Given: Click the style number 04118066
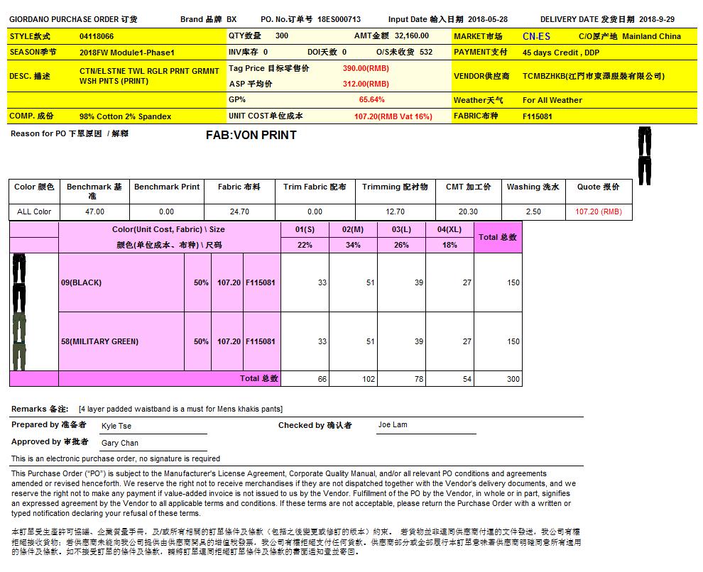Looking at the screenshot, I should [x=97, y=36].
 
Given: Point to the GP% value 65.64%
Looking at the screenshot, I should [x=372, y=100].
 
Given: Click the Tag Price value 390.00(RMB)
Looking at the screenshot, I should [x=366, y=68].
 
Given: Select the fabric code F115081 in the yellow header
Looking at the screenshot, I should [x=538, y=116].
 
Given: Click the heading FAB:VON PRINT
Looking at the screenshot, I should [x=251, y=135].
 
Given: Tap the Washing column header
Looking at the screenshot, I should [x=533, y=187].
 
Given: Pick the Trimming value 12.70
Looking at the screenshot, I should [x=395, y=211].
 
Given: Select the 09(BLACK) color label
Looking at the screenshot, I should [x=81, y=282].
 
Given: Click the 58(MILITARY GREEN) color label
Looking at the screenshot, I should [x=99, y=341].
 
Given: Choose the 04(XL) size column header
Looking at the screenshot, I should [x=449, y=229].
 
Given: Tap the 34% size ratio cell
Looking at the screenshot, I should [x=353, y=245].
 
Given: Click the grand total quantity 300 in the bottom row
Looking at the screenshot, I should [x=513, y=379].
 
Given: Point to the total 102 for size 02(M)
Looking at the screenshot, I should [x=368, y=379].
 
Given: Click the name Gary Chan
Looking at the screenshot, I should [x=120, y=443].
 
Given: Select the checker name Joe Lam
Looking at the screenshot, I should [x=393, y=425].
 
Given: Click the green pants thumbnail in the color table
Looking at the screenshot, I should [x=18, y=341].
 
